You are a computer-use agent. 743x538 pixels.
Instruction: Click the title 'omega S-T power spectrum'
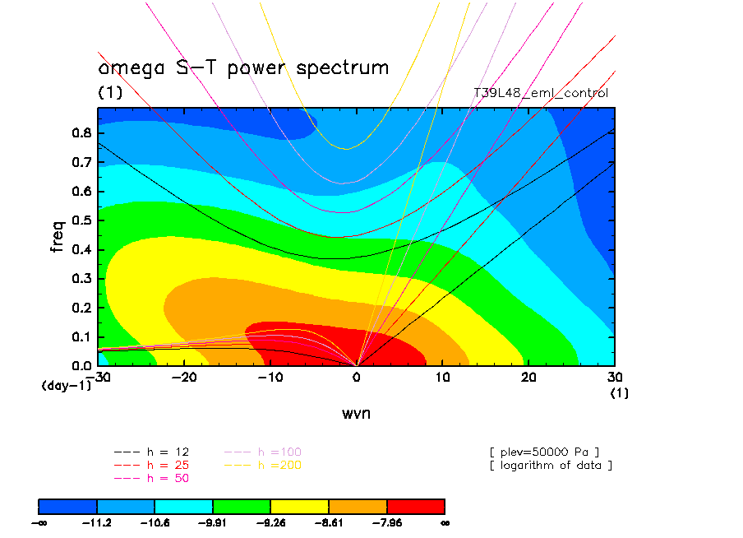coord(243,68)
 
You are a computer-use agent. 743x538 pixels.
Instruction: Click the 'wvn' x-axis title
coord(356,413)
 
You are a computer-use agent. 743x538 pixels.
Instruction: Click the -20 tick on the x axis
coord(185,377)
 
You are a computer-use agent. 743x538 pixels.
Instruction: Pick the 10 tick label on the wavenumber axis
coord(442,377)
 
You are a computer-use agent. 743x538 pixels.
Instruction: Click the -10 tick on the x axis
coord(270,377)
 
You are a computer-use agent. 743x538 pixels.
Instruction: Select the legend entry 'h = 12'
coord(152,452)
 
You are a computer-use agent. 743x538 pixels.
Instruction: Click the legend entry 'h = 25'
coord(152,465)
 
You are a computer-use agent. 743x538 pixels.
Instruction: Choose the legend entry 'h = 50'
coord(152,478)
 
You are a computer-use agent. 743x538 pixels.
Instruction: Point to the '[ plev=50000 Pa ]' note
coord(543,452)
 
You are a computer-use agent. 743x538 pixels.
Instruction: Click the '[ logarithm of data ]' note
coord(550,465)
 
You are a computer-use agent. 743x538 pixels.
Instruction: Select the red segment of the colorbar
coord(415,506)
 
